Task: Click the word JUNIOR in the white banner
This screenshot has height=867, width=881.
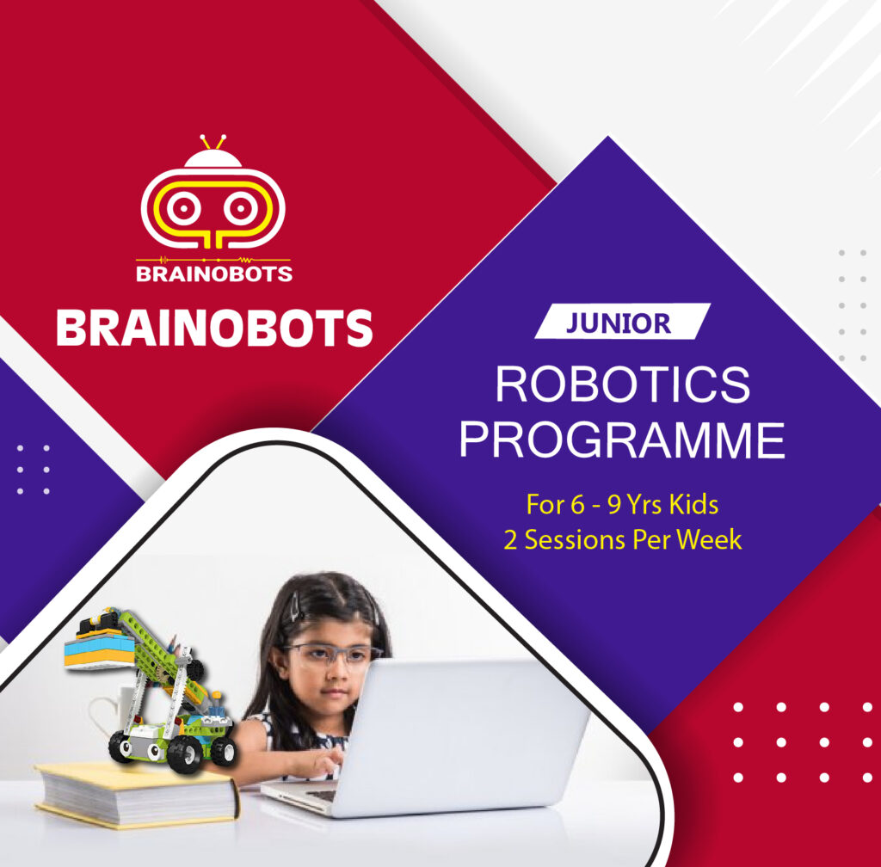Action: [618, 323]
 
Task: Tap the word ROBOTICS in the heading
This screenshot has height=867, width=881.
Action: [623, 384]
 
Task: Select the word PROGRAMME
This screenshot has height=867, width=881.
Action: [622, 440]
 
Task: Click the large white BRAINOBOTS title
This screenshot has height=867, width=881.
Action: [214, 328]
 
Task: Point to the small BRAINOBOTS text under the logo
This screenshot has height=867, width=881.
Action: [214, 274]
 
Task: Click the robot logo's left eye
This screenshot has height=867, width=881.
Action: [183, 208]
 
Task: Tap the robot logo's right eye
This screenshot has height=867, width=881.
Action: [241, 208]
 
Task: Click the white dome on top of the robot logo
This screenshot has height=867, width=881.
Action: [213, 159]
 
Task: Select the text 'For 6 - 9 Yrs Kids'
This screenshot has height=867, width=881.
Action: [622, 504]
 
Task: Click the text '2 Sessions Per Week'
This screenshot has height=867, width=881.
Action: [623, 539]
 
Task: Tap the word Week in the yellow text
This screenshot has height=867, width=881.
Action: [709, 539]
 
